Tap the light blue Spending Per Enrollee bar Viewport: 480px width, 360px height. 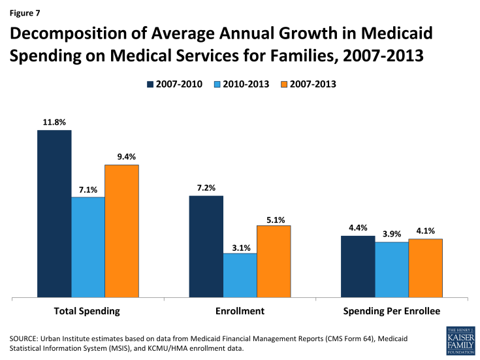pyautogui.click(x=392, y=270)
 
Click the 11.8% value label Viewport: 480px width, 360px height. pyautogui.click(x=54, y=121)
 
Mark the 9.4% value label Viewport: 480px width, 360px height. pyautogui.click(x=122, y=155)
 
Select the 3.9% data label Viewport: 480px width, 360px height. pyautogui.click(x=392, y=233)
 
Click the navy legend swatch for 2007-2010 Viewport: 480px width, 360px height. pyautogui.click(x=150, y=84)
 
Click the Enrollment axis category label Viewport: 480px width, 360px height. pyautogui.click(x=240, y=311)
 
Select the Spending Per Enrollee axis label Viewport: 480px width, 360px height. pyautogui.click(x=392, y=311)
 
